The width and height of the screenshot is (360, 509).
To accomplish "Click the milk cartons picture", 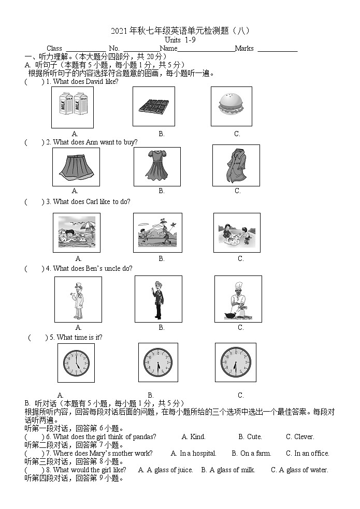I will pyautogui.click(x=72, y=107).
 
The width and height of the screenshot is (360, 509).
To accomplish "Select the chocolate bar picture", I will pyautogui.click(x=153, y=107).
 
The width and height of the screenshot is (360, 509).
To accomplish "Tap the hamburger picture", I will pyautogui.click(x=231, y=106).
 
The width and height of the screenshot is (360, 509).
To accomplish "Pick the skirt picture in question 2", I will pyautogui.click(x=75, y=166).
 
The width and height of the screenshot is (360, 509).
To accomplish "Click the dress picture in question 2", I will pyautogui.click(x=156, y=166).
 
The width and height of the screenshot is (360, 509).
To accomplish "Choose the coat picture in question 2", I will pyautogui.click(x=236, y=165).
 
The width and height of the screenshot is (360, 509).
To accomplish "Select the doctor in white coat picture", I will pyautogui.click(x=78, y=299).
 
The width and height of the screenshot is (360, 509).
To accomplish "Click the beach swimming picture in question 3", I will pyautogui.click(x=77, y=232).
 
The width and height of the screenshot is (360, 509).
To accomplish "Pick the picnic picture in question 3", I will pyautogui.click(x=237, y=232).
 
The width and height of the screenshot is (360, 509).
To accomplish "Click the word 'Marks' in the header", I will pyautogui.click(x=244, y=49).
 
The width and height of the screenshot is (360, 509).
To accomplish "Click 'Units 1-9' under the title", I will pyautogui.click(x=180, y=40).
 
